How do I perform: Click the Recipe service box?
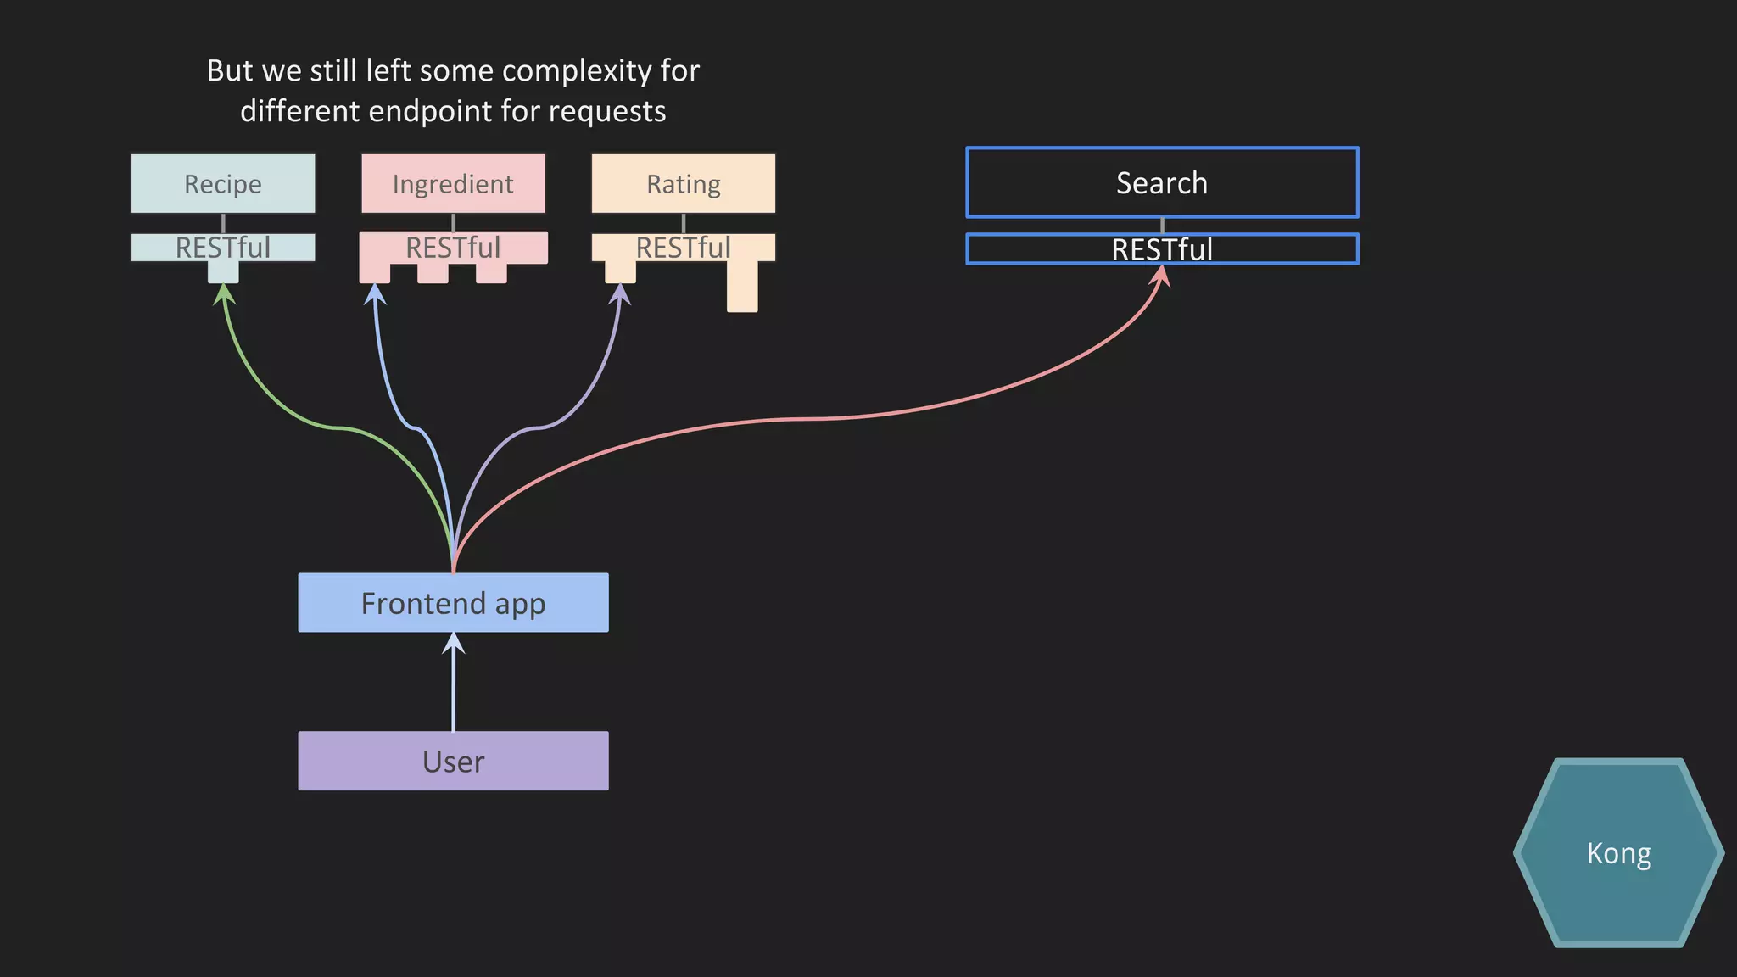(x=223, y=183)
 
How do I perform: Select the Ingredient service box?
(x=453, y=183)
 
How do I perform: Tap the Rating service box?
(x=683, y=183)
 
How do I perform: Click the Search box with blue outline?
(x=1162, y=183)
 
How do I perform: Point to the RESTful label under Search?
(x=1162, y=249)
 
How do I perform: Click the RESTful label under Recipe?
(x=223, y=248)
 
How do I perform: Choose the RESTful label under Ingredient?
(x=453, y=248)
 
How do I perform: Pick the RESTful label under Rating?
(x=683, y=248)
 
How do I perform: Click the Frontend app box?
(x=453, y=603)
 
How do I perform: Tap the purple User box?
(x=453, y=761)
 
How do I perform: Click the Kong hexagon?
(x=1618, y=853)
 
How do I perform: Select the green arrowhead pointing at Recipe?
(x=223, y=294)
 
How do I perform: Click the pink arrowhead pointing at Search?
(x=1161, y=276)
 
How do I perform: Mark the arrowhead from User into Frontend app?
(x=454, y=644)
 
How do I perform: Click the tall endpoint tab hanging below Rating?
(x=742, y=287)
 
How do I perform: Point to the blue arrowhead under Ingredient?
(x=375, y=294)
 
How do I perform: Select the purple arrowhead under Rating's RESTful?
(x=621, y=294)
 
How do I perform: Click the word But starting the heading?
(x=230, y=70)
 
